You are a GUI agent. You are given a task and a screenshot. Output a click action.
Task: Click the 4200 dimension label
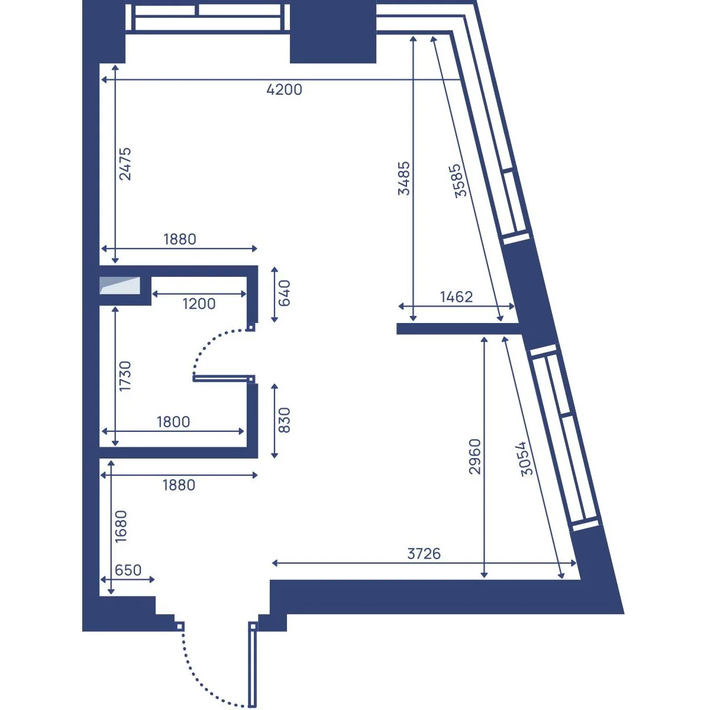284,89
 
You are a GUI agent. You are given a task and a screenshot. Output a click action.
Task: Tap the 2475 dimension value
125,164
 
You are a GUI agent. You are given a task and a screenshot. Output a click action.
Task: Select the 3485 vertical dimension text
404,178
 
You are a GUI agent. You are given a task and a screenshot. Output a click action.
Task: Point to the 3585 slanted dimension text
457,180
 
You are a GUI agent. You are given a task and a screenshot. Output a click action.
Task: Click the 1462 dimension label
456,297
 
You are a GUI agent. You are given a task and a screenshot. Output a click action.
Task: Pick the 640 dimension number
285,293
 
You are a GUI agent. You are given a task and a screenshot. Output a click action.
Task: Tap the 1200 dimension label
199,304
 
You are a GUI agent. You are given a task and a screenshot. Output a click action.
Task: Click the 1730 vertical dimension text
125,376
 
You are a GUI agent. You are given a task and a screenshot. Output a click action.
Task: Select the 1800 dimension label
173,422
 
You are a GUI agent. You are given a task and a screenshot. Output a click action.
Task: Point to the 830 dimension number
285,420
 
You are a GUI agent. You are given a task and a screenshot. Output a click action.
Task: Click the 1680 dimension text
121,527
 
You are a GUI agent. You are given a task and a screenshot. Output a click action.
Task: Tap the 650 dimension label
128,570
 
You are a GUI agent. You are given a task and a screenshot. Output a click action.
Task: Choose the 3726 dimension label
424,554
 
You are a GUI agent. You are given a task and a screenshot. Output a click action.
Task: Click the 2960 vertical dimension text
475,456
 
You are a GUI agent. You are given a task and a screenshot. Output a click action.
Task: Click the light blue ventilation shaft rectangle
120,286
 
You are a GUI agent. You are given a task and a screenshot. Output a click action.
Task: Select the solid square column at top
333,32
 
